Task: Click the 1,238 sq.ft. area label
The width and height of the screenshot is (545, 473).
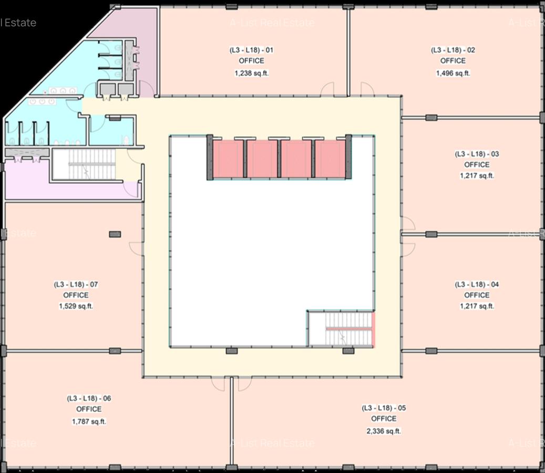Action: [251, 74]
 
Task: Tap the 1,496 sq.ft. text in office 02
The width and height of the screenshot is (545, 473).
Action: [453, 74]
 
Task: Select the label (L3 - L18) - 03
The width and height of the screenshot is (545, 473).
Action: [477, 154]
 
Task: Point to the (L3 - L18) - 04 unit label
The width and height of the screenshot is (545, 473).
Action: [477, 284]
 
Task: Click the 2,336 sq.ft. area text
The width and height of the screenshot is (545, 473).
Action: [384, 431]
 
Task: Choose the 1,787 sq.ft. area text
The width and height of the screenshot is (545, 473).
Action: [89, 421]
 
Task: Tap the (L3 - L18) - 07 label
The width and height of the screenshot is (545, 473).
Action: [76, 284]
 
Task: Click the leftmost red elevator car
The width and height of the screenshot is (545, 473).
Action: [228, 159]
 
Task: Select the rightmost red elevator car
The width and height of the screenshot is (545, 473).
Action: [330, 159]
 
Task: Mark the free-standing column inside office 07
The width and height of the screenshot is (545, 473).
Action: [115, 234]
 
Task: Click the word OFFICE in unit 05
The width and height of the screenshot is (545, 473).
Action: [384, 419]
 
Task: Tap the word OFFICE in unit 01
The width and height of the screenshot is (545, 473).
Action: [251, 61]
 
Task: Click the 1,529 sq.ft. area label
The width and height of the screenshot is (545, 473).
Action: [76, 306]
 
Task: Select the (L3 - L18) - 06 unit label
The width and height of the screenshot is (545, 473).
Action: [89, 398]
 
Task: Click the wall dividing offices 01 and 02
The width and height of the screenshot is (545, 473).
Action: [348, 53]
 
